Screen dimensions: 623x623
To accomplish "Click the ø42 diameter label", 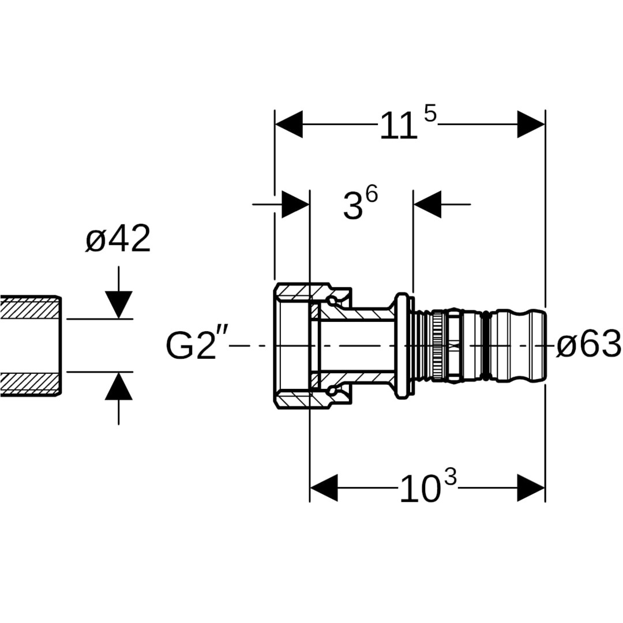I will pyautogui.click(x=118, y=239).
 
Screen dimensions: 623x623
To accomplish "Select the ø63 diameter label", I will pyautogui.click(x=588, y=345).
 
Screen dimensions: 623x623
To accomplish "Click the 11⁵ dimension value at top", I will pyautogui.click(x=407, y=125).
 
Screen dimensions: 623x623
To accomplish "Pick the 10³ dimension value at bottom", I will pyautogui.click(x=427, y=488).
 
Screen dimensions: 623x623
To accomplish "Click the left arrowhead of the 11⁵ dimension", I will pyautogui.click(x=289, y=125).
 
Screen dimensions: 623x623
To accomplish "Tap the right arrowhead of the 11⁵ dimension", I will pyautogui.click(x=531, y=125).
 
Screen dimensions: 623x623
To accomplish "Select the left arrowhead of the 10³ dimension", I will pyautogui.click(x=324, y=488).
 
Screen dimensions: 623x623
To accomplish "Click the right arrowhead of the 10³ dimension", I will pyautogui.click(x=531, y=488).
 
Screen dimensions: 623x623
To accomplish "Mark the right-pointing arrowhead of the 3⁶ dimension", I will pyautogui.click(x=295, y=204).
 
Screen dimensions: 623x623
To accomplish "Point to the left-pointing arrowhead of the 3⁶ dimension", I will pyautogui.click(x=427, y=204).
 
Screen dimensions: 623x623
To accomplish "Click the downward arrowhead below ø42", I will pyautogui.click(x=118, y=304).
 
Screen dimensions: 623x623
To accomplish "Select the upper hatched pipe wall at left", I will pyautogui.click(x=29, y=308).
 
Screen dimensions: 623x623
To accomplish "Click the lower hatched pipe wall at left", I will pyautogui.click(x=29, y=384).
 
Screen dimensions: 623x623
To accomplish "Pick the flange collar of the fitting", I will pyautogui.click(x=402, y=346).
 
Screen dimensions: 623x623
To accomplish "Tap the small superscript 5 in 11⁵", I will pyautogui.click(x=430, y=114).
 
